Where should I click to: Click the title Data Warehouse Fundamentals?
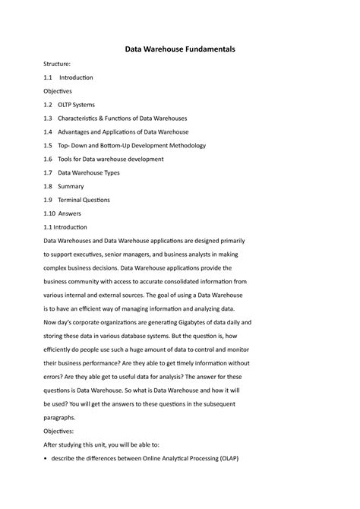coord(180,49)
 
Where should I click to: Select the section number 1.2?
coord(48,105)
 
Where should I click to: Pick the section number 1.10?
coord(49,213)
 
